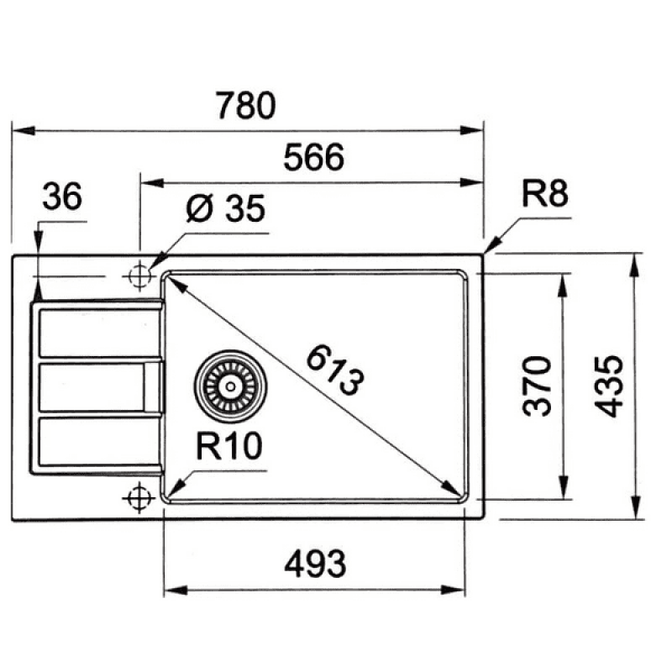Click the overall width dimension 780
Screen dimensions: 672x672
[245, 106]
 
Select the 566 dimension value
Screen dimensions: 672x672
[313, 157]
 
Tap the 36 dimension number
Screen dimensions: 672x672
[62, 197]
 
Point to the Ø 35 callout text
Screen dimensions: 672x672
[226, 208]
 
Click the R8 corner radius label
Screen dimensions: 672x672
[545, 193]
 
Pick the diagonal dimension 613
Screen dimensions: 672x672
[335, 370]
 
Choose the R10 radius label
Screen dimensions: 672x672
[228, 446]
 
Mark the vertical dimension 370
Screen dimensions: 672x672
[537, 386]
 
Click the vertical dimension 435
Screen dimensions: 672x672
[609, 386]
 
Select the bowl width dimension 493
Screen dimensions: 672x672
[315, 564]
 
